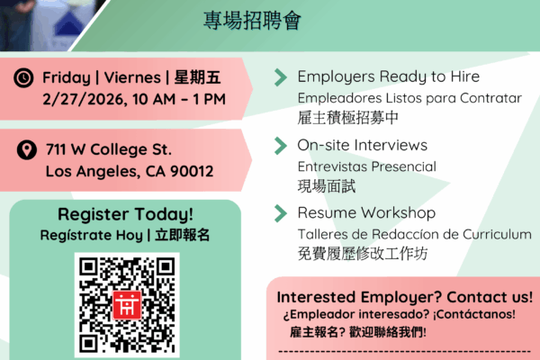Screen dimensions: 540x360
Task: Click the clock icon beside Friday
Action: [23, 77]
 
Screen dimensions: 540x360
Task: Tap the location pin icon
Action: [27, 150]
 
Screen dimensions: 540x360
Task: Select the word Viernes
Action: [132, 77]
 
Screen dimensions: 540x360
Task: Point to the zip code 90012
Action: [192, 171]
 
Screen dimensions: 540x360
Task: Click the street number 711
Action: [56, 149]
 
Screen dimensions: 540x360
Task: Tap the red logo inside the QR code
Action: [127, 305]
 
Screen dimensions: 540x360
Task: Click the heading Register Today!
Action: [125, 214]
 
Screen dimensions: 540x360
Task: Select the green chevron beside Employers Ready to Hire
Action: [281, 77]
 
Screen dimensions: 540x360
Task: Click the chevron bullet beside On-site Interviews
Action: [281, 146]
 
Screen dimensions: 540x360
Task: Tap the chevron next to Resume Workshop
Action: [281, 213]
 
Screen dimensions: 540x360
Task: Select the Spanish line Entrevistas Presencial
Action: [367, 166]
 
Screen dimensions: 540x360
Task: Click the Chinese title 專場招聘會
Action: [252, 21]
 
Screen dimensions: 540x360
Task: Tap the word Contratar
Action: [490, 98]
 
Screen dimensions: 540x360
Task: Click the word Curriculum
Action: [497, 235]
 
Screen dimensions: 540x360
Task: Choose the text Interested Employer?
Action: [359, 297]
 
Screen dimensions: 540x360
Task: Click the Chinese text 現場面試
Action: [327, 186]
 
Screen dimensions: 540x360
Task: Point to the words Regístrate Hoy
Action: [91, 235]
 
